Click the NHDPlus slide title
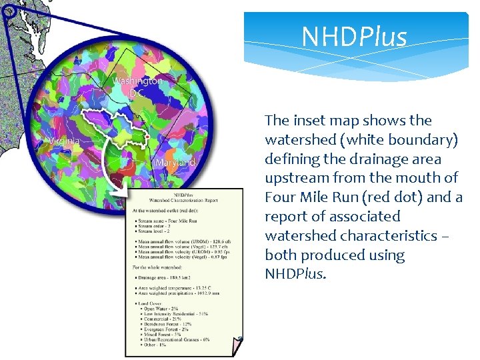click(x=353, y=37)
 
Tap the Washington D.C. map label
click(x=137, y=87)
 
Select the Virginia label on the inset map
click(x=63, y=141)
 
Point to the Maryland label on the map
click(x=175, y=163)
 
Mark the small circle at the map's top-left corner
click(x=9, y=10)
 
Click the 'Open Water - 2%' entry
click(x=160, y=307)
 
